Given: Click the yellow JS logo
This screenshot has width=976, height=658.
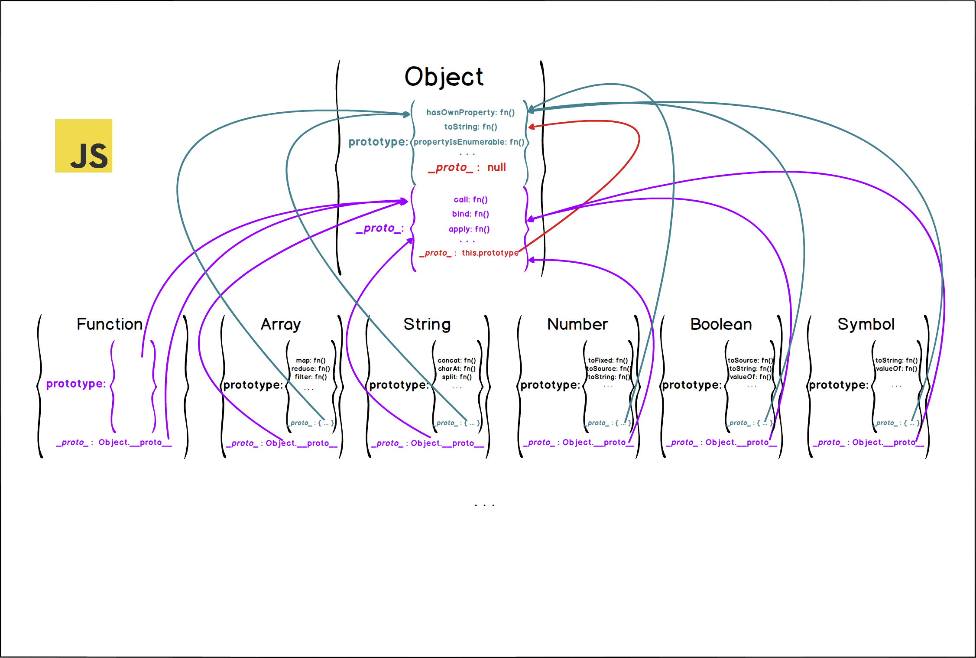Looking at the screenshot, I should (83, 146).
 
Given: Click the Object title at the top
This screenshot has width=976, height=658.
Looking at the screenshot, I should (444, 77).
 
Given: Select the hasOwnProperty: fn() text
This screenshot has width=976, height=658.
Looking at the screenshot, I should (470, 113).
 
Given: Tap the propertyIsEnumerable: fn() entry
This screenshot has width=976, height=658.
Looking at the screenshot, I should (469, 142).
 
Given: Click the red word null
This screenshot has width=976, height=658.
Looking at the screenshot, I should (496, 168).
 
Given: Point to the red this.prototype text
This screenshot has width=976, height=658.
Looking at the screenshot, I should (490, 253).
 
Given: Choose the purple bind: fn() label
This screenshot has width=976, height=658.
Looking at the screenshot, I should (470, 214).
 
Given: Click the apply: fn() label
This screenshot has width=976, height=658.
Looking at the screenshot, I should (469, 229).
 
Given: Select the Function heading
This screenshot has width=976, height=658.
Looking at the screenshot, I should (110, 325).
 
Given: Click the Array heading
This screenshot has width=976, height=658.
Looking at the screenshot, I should (281, 325).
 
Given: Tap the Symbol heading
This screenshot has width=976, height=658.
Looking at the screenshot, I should (866, 325).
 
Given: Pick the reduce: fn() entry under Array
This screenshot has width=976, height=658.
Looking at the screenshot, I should (311, 369).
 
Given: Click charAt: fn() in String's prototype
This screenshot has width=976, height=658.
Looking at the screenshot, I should (457, 369).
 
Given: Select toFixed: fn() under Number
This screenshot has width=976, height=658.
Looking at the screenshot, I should (608, 361).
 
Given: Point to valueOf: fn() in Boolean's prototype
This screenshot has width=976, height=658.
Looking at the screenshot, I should (750, 377).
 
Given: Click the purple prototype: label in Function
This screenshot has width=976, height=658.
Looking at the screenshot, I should (76, 384).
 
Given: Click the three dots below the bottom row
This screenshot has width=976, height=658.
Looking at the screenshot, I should (484, 505).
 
